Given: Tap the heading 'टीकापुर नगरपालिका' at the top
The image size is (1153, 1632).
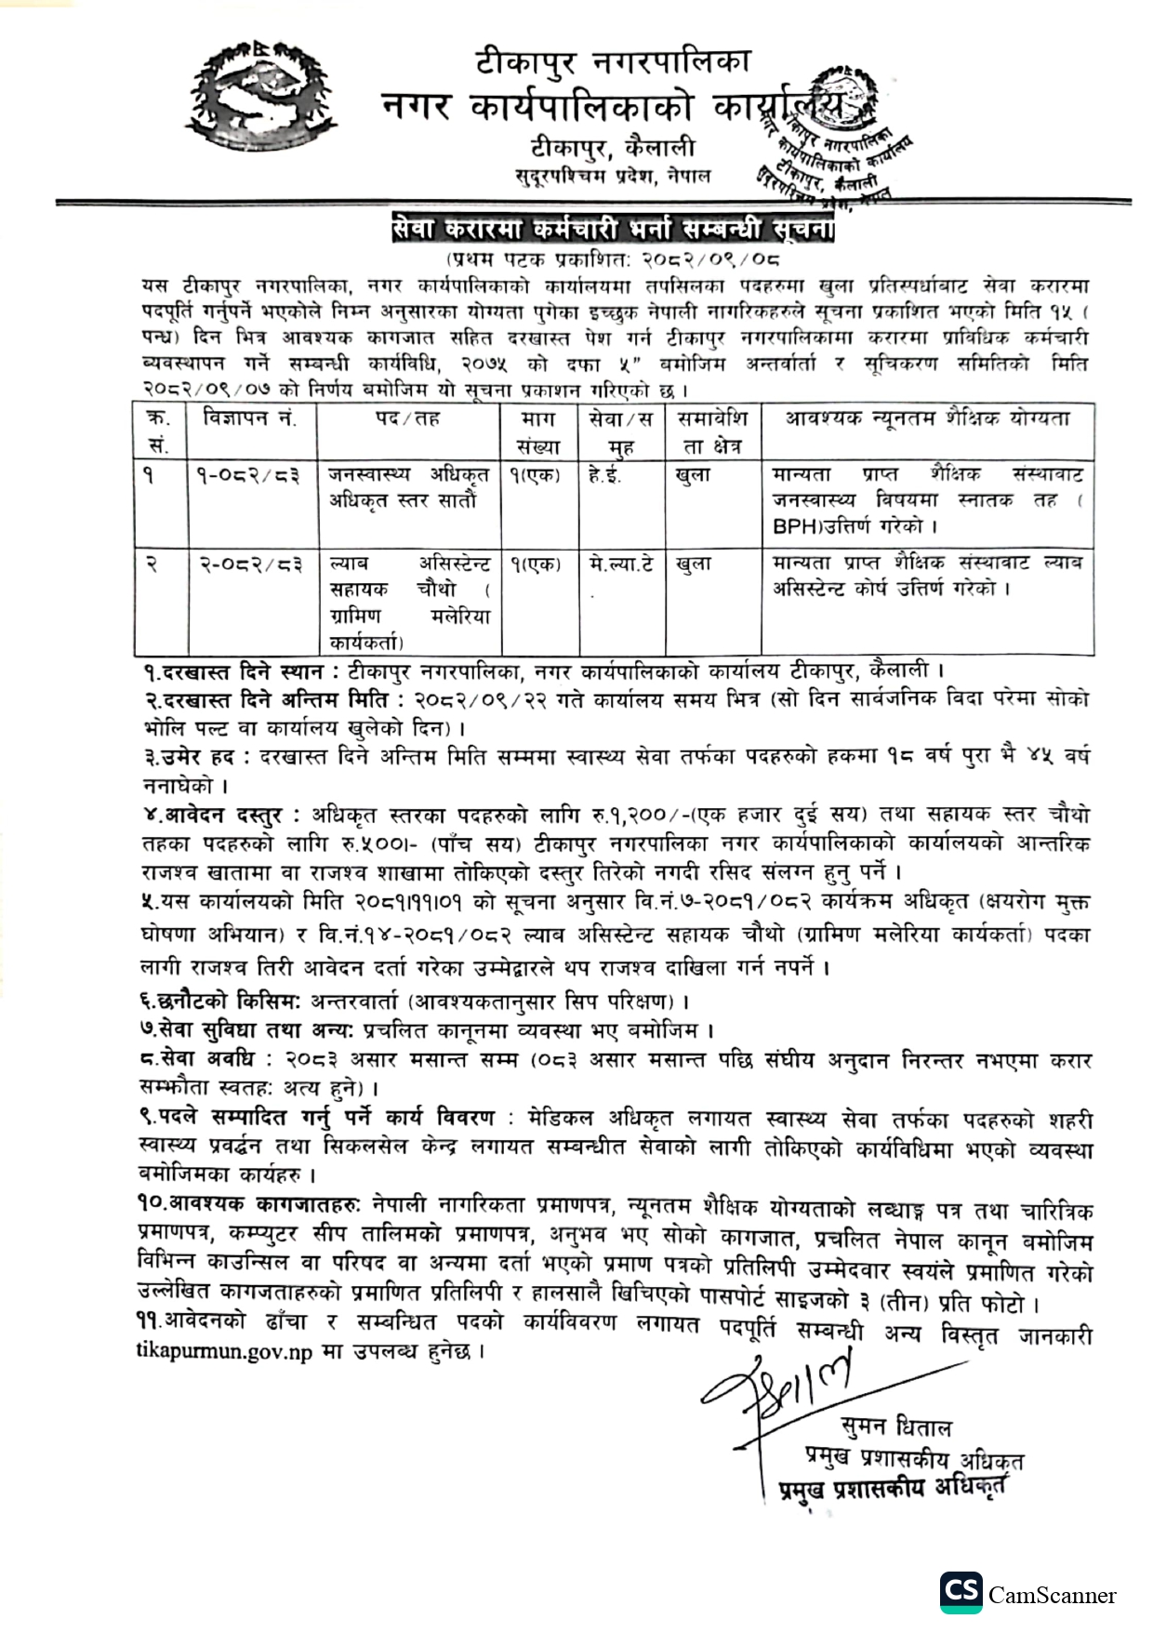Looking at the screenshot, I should (612, 62).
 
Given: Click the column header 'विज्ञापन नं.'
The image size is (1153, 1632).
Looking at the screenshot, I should (249, 418).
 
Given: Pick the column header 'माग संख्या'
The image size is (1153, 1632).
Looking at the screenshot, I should (538, 432).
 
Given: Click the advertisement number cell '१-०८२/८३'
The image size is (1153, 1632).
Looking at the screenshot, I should (248, 475).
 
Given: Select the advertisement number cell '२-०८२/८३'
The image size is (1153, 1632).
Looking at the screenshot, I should (248, 564).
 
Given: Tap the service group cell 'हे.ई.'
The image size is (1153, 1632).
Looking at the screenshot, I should (606, 475).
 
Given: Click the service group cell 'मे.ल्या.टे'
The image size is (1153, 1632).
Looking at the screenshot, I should (620, 564).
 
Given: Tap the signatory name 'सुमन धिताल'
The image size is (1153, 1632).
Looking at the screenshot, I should (895, 1426).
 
